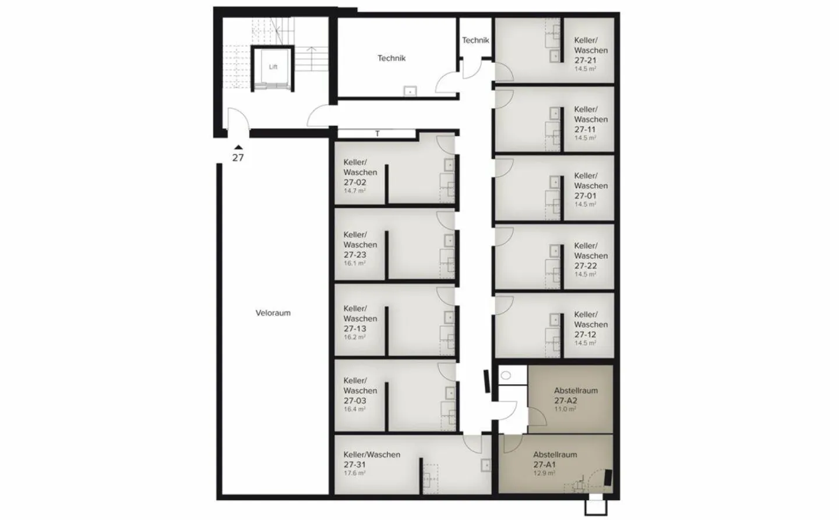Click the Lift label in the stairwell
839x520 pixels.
click(x=273, y=67)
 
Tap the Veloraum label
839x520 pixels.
click(x=273, y=313)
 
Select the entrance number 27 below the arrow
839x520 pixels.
click(x=238, y=157)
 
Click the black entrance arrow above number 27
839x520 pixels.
click(x=238, y=148)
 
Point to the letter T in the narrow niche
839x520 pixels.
click(x=378, y=134)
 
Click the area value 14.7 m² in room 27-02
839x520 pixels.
click(x=354, y=191)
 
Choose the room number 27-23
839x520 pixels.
click(x=355, y=254)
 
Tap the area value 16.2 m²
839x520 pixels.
click(x=354, y=337)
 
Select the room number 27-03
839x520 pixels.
click(x=355, y=401)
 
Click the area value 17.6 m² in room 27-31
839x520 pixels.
click(x=354, y=473)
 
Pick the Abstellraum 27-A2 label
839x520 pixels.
click(x=575, y=395)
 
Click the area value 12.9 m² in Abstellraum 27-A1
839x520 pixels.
click(x=544, y=473)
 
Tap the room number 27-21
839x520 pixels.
click(x=585, y=60)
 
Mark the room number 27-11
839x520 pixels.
click(x=585, y=129)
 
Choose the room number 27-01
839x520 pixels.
click(x=585, y=196)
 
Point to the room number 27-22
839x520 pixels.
click(x=585, y=266)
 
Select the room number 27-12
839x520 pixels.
click(x=585, y=334)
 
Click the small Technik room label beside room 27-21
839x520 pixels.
click(x=475, y=40)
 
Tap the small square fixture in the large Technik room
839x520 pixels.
click(x=410, y=91)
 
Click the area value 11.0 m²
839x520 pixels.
click(x=565, y=409)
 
